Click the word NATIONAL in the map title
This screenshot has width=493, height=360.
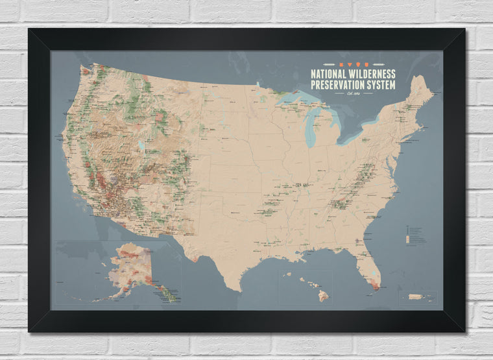point(331,74)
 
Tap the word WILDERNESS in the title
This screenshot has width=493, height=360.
point(372,74)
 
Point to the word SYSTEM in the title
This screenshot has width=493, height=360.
point(381,85)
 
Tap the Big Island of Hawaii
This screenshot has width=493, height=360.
point(322,295)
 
